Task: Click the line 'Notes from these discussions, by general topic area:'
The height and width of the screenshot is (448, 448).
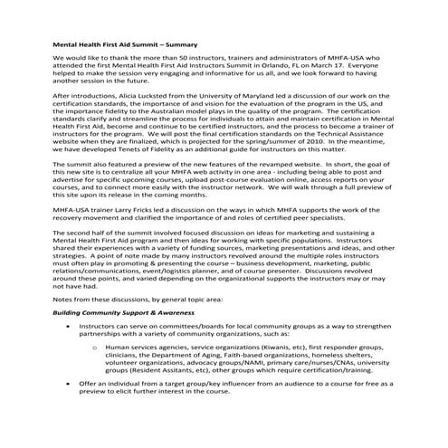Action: tap(126, 324)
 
